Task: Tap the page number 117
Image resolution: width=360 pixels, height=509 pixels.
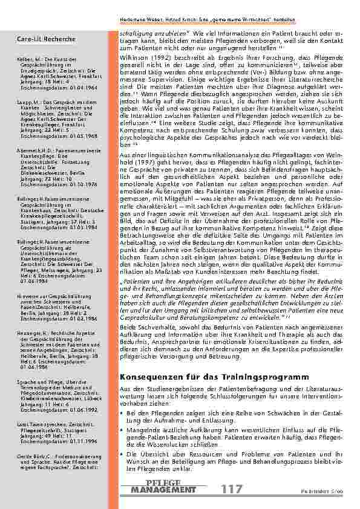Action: tap(233, 489)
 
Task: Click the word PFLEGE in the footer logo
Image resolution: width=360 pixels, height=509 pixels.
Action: tap(164, 484)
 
